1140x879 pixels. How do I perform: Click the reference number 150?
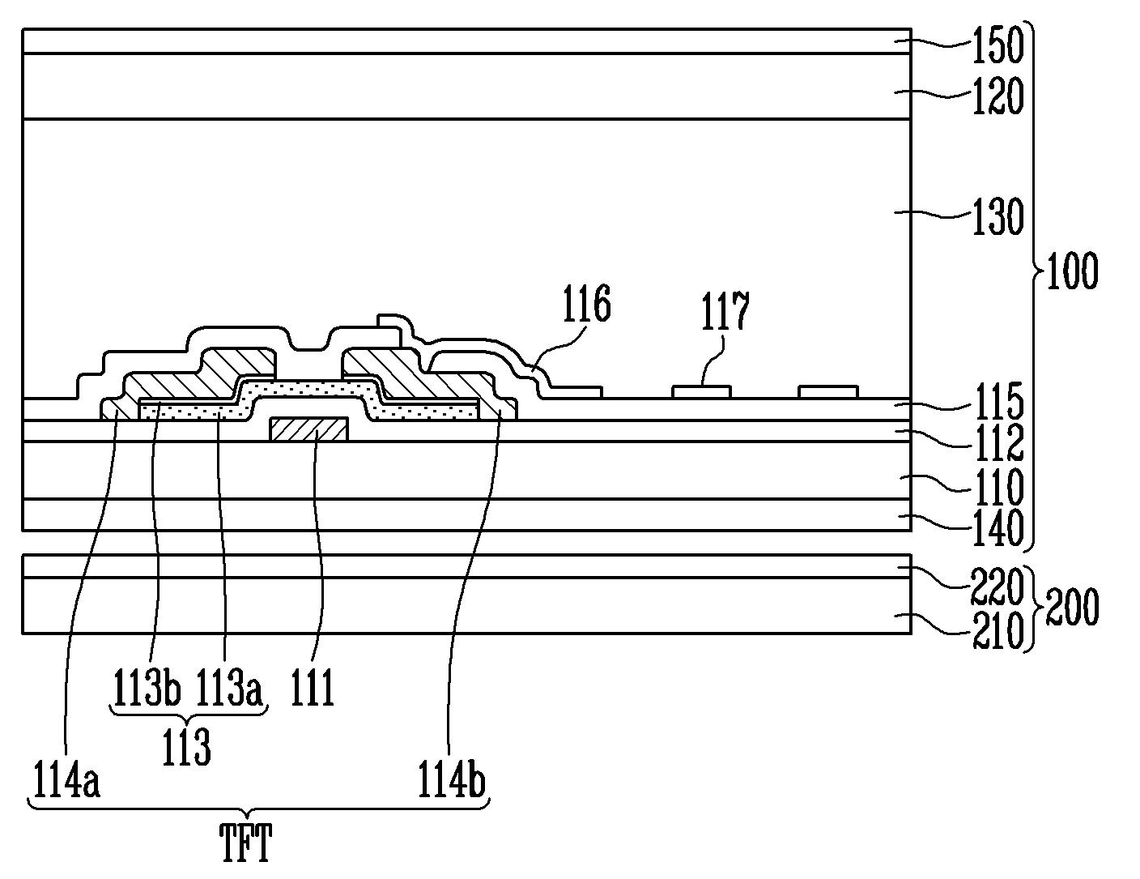click(x=997, y=45)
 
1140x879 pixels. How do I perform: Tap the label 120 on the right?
click(x=997, y=96)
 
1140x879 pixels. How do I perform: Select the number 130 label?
click(x=997, y=216)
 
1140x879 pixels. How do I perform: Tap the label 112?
click(x=997, y=442)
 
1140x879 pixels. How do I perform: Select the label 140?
click(x=997, y=527)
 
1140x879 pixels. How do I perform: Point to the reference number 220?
click(x=997, y=587)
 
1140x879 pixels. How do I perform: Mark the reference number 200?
click(x=1072, y=607)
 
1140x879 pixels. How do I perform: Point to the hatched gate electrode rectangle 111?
click(x=308, y=429)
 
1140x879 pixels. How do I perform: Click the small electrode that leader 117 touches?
click(x=702, y=392)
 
